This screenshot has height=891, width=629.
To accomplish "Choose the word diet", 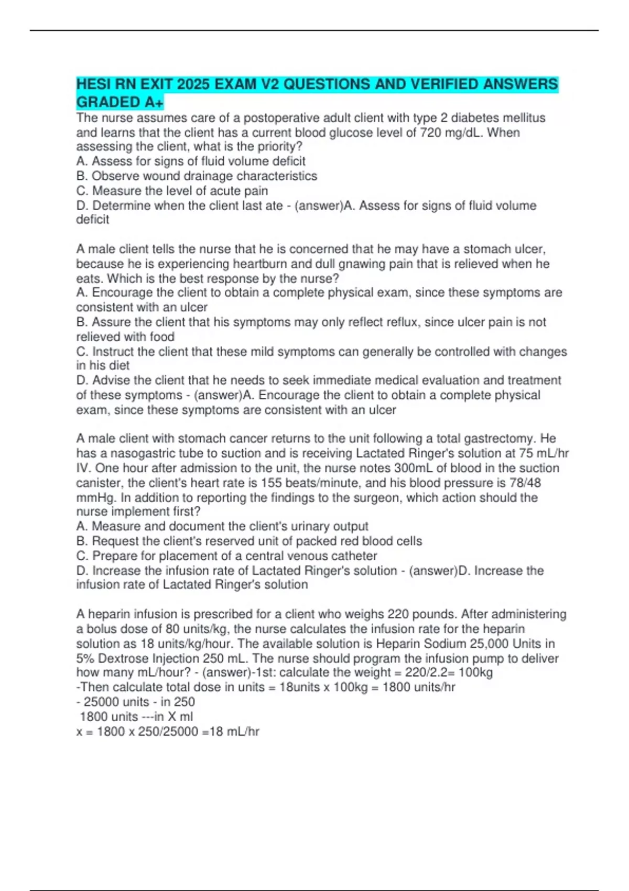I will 119,365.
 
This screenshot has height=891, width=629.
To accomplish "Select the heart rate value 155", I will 271,483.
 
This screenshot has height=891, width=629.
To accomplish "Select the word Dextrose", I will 123,658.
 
